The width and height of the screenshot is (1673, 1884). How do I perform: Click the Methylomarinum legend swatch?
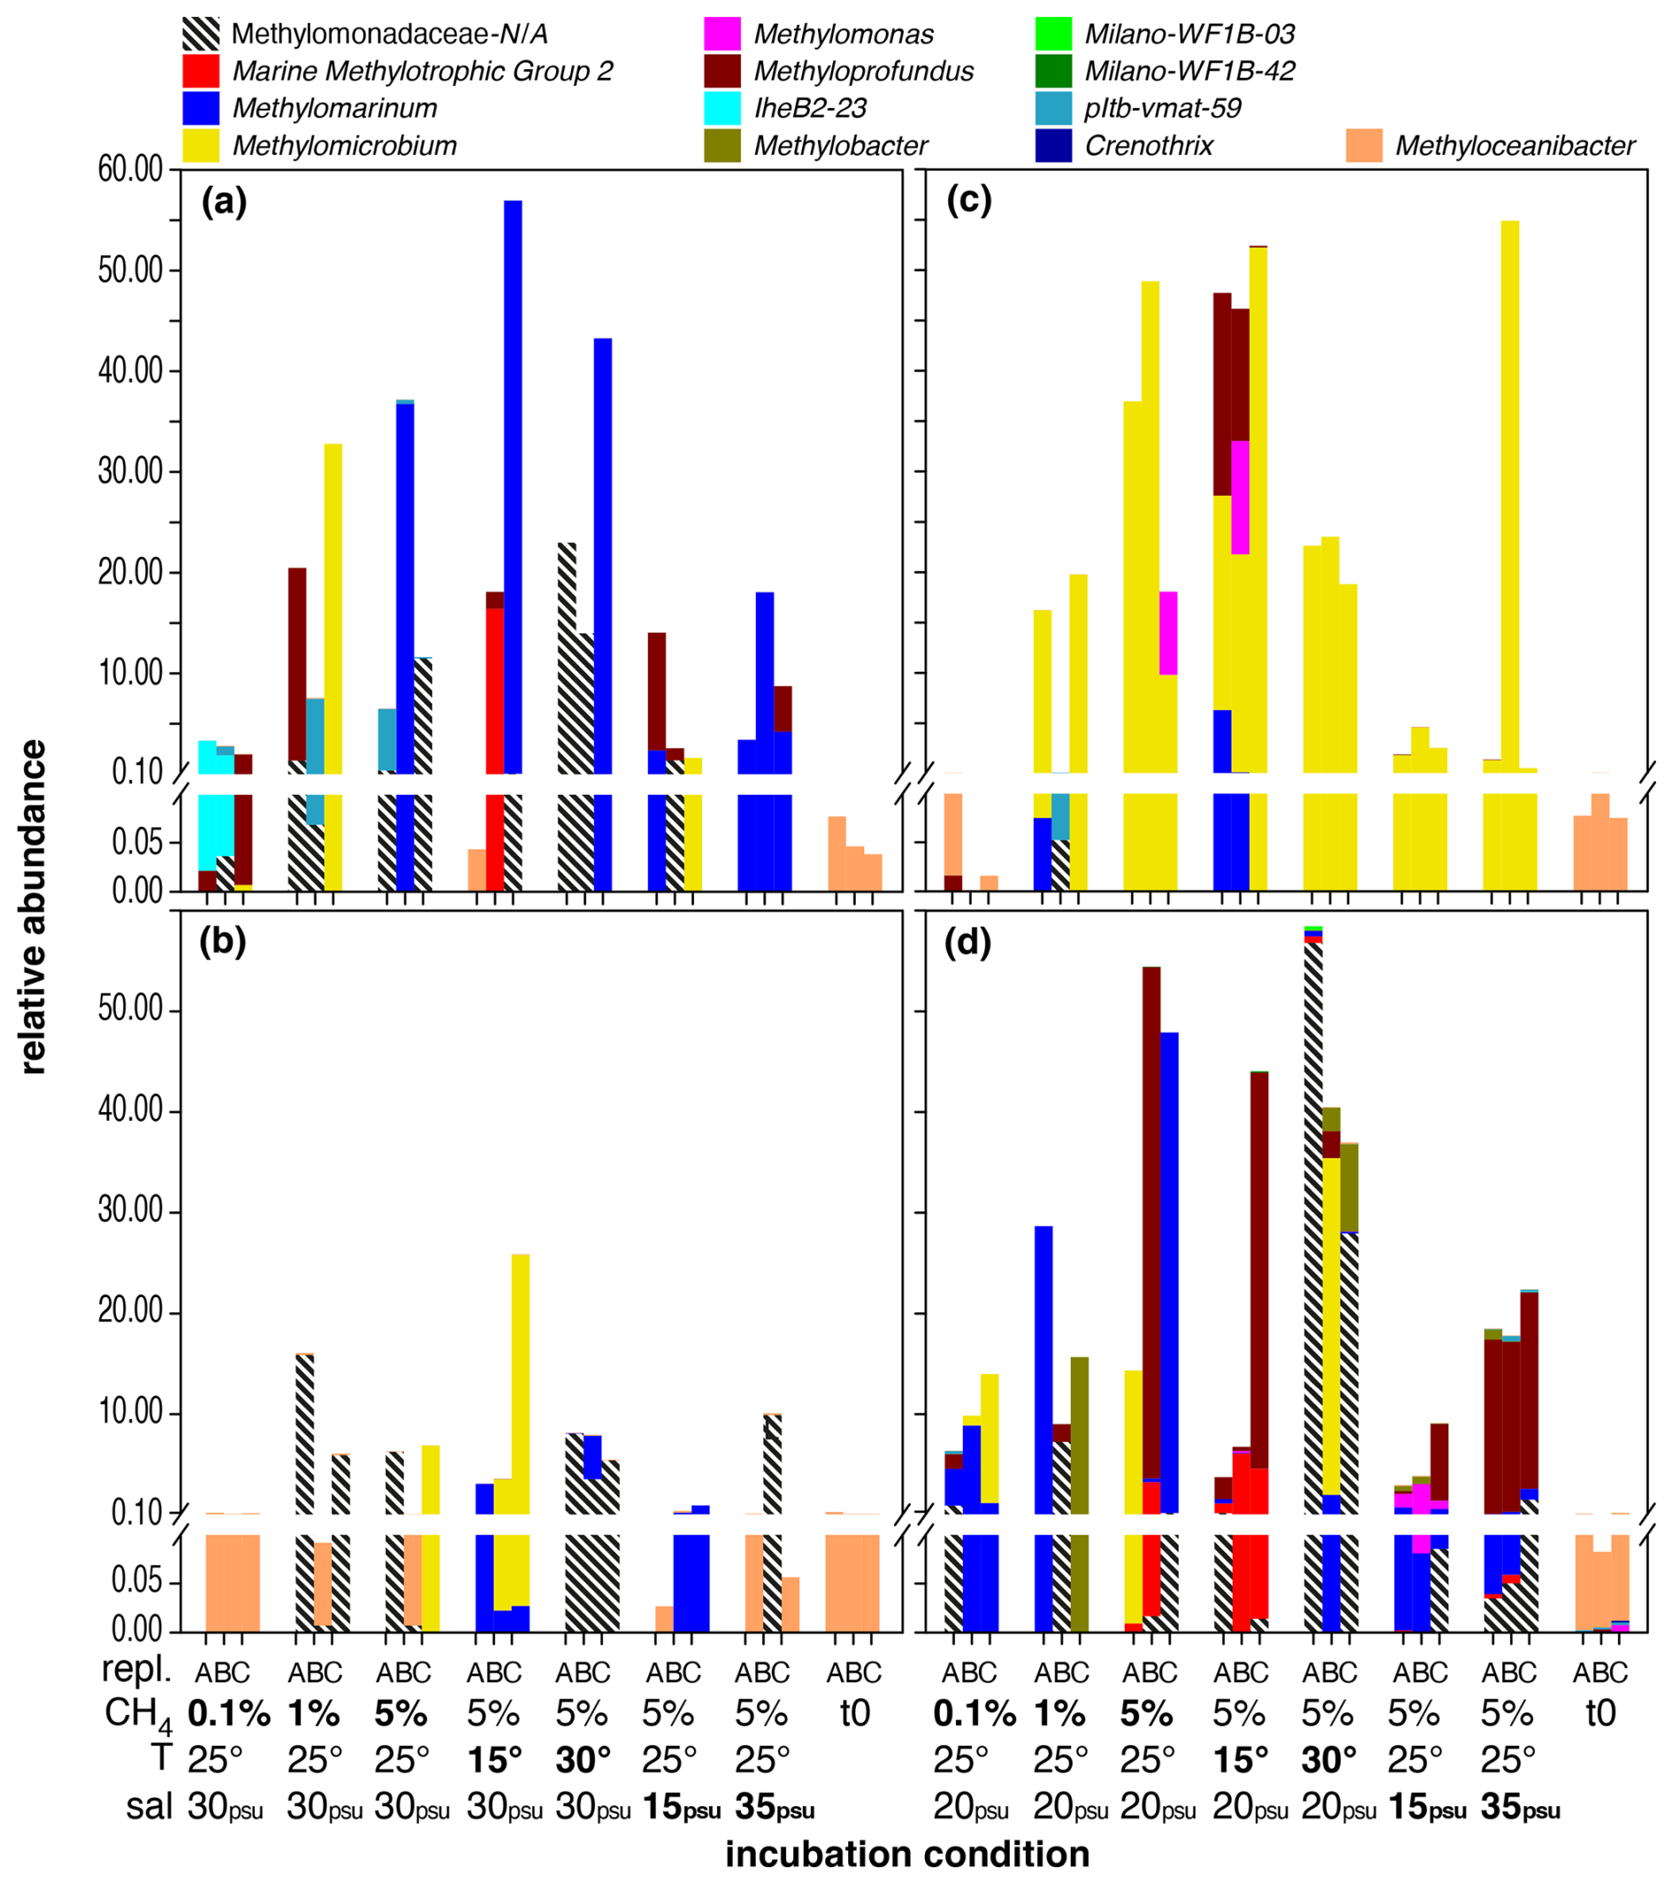pyautogui.click(x=201, y=108)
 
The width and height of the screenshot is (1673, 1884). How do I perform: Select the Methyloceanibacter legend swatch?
pyautogui.click(x=1364, y=146)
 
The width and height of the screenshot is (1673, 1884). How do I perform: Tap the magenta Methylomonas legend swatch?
pyautogui.click(x=722, y=34)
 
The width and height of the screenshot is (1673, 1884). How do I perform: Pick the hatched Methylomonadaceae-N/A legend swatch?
pyautogui.click(x=201, y=34)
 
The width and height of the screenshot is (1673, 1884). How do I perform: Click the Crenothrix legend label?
pyautogui.click(x=1149, y=146)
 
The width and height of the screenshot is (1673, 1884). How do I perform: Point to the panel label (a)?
pyautogui.click(x=224, y=202)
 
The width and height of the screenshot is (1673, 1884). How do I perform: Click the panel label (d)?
pyautogui.click(x=968, y=943)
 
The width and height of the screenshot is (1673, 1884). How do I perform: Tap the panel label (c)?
pyautogui.click(x=969, y=202)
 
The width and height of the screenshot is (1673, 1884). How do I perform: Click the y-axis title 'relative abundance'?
pyautogui.click(x=34, y=907)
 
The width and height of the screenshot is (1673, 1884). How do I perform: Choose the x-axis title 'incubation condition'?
pyautogui.click(x=907, y=1854)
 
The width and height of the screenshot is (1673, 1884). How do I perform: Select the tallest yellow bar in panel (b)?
pyautogui.click(x=520, y=1383)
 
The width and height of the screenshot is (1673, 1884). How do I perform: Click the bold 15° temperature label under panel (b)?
pyautogui.click(x=495, y=1759)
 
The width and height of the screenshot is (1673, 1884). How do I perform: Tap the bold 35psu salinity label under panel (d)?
pyautogui.click(x=1520, y=1807)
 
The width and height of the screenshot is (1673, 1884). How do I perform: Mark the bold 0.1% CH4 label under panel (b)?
pyautogui.click(x=229, y=1713)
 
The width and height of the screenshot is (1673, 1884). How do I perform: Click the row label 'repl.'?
pyautogui.click(x=135, y=1668)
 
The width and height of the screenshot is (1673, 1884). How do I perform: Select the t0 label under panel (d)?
pyautogui.click(x=1600, y=1713)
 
